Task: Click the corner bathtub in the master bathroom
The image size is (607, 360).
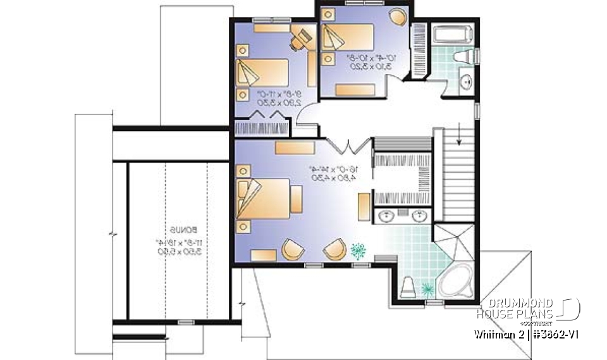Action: coord(455,282)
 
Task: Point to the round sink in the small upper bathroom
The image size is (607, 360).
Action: coord(466,82)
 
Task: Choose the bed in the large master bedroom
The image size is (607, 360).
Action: coord(264,197)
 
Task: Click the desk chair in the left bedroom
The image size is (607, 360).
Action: coord(299,39)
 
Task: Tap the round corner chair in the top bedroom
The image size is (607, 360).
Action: coord(396,16)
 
